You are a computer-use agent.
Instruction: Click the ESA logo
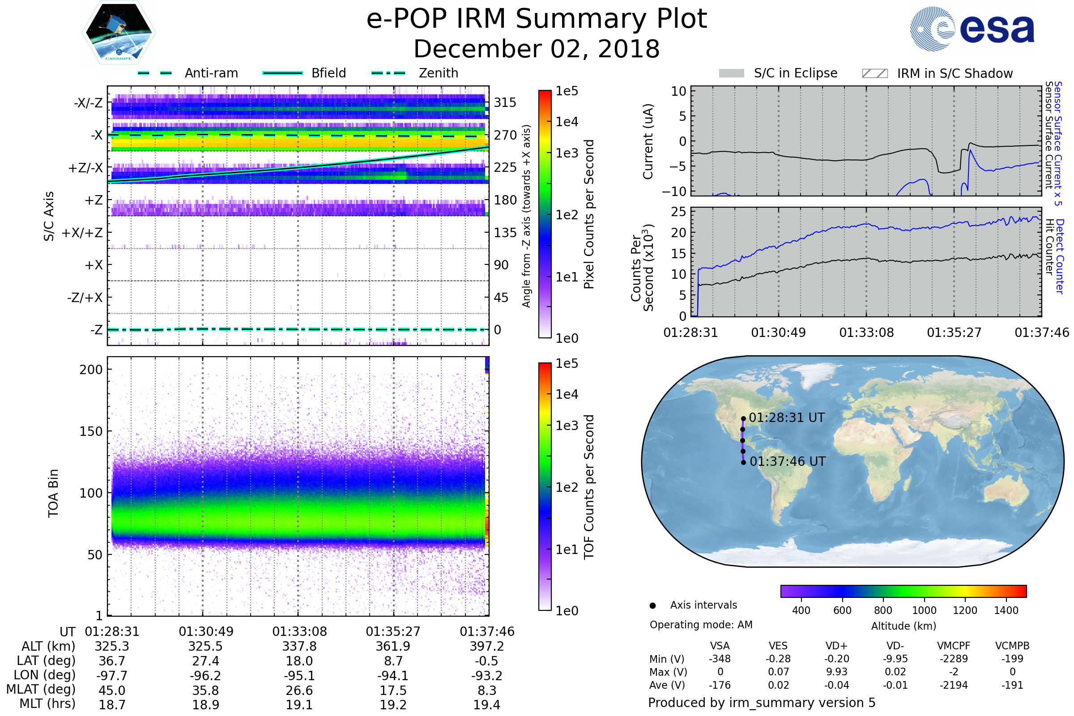pos(972,28)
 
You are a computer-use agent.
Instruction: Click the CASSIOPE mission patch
pos(119,32)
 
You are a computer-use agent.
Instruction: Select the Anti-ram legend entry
pos(188,73)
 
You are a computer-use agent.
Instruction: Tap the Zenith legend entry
pos(415,73)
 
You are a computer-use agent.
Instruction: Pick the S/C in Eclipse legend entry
pos(778,73)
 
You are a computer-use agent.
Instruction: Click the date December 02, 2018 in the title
pos(537,49)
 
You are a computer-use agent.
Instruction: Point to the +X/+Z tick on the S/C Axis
pos(82,233)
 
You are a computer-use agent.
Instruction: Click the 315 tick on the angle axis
pos(505,102)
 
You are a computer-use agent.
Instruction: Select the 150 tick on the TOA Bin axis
pos(91,431)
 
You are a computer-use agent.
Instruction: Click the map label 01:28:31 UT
pos(786,418)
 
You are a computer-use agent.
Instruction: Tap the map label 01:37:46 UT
pos(787,462)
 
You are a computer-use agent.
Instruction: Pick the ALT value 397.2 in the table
pos(487,647)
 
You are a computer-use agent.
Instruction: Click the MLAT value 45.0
pos(112,691)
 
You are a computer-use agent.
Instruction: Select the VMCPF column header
pos(954,646)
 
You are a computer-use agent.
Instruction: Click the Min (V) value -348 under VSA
pos(720,659)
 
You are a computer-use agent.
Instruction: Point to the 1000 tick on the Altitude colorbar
pos(924,610)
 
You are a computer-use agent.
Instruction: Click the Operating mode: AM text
pos(701,625)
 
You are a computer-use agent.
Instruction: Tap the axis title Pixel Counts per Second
pos(589,214)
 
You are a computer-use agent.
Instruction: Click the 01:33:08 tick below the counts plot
pos(866,332)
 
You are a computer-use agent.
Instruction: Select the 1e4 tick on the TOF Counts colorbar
pos(567,394)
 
